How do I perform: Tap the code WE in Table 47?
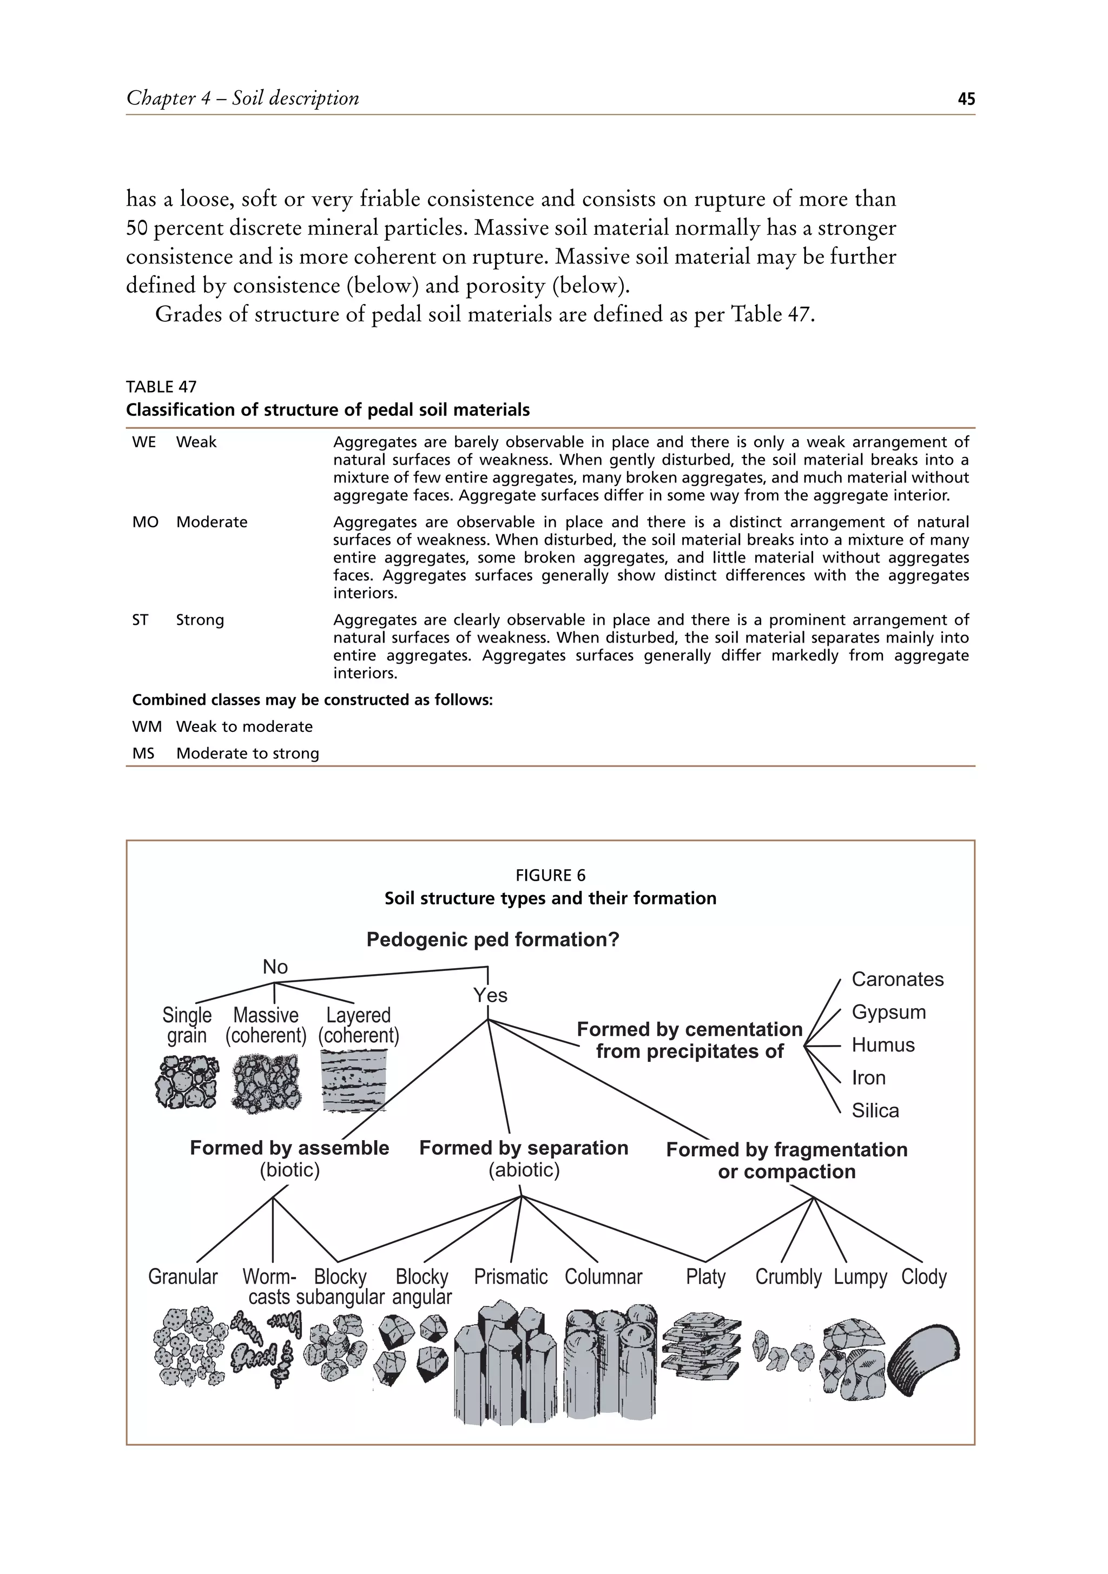[x=144, y=442]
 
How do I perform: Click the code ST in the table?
[x=140, y=620]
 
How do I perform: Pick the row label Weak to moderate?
[x=244, y=726]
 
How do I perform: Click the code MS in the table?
[x=143, y=753]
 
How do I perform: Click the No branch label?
[x=275, y=967]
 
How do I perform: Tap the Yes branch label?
[x=490, y=995]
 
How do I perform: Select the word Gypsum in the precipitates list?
[x=888, y=1012]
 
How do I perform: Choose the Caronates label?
[x=898, y=979]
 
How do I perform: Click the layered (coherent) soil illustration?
[x=355, y=1080]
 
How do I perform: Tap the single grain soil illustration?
[x=187, y=1082]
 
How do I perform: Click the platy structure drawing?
[x=702, y=1346]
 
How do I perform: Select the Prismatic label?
[x=511, y=1277]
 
